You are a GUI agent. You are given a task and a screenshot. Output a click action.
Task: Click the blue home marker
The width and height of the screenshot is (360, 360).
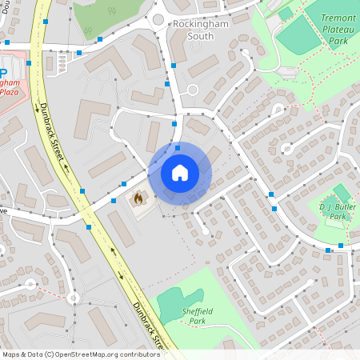[180, 173]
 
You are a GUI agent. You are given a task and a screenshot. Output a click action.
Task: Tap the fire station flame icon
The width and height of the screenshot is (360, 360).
[137, 196]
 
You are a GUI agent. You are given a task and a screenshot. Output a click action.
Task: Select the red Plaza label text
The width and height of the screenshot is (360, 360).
[9, 91]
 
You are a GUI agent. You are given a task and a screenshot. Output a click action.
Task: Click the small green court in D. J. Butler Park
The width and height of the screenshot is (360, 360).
[342, 193]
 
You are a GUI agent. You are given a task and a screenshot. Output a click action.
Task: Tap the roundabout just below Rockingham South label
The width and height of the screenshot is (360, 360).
[192, 90]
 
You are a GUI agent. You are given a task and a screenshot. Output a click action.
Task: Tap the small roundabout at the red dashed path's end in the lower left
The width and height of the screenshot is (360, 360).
[74, 298]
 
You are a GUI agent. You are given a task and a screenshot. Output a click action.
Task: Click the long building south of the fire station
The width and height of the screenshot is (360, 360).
[122, 227]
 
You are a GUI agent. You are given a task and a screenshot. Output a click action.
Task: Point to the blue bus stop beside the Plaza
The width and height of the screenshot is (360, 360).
[29, 62]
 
